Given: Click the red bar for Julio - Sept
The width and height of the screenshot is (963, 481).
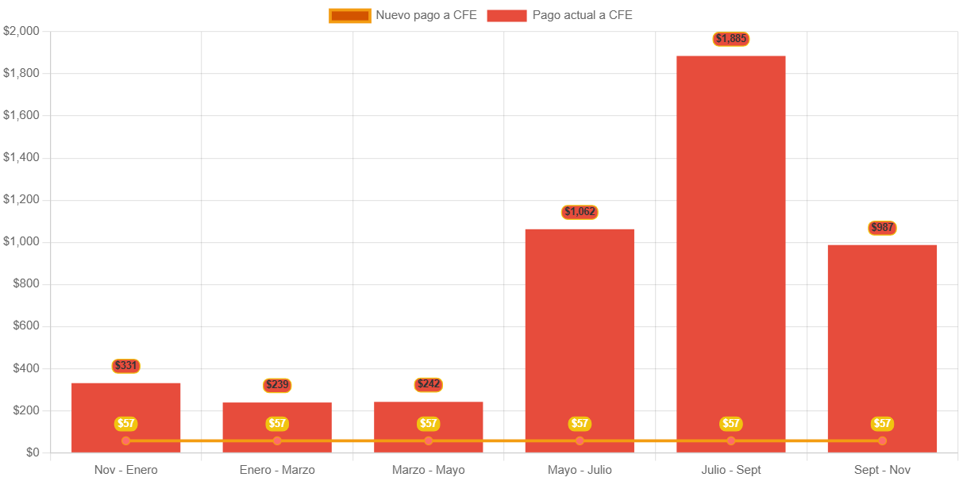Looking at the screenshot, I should pyautogui.click(x=730, y=238).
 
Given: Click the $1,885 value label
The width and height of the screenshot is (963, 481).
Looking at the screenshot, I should pyautogui.click(x=730, y=39).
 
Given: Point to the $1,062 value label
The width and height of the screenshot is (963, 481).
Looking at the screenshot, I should pyautogui.click(x=580, y=212).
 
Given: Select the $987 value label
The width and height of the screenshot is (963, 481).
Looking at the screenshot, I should pyautogui.click(x=882, y=228).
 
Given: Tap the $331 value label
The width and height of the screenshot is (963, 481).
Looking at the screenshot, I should pyautogui.click(x=126, y=366).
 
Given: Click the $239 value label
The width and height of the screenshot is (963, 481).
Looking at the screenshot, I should pyautogui.click(x=277, y=385).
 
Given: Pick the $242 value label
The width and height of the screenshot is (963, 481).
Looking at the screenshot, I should pyautogui.click(x=429, y=384).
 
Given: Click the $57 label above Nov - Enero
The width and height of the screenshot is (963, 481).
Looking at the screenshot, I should pyautogui.click(x=126, y=424).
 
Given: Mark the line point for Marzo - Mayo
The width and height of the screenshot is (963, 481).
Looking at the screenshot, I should pyautogui.click(x=429, y=441).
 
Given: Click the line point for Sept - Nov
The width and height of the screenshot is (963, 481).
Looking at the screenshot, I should pyautogui.click(x=882, y=441).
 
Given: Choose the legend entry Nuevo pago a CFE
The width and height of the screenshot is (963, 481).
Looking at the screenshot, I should pyautogui.click(x=403, y=15).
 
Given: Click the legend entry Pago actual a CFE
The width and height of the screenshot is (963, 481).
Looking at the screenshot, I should pyautogui.click(x=560, y=15).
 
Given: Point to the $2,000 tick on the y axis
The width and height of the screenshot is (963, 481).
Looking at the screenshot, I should pyautogui.click(x=21, y=31).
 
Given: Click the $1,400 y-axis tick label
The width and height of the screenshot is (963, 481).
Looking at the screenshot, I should pyautogui.click(x=21, y=157).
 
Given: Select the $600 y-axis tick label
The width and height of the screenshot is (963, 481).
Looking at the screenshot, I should pyautogui.click(x=26, y=325).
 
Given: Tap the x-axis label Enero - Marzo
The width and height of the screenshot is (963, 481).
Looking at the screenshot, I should pyautogui.click(x=277, y=470).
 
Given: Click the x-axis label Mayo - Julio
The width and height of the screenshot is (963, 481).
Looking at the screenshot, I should pyautogui.click(x=580, y=470).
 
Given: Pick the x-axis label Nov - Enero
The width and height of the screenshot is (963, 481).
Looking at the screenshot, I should pyautogui.click(x=126, y=470).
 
